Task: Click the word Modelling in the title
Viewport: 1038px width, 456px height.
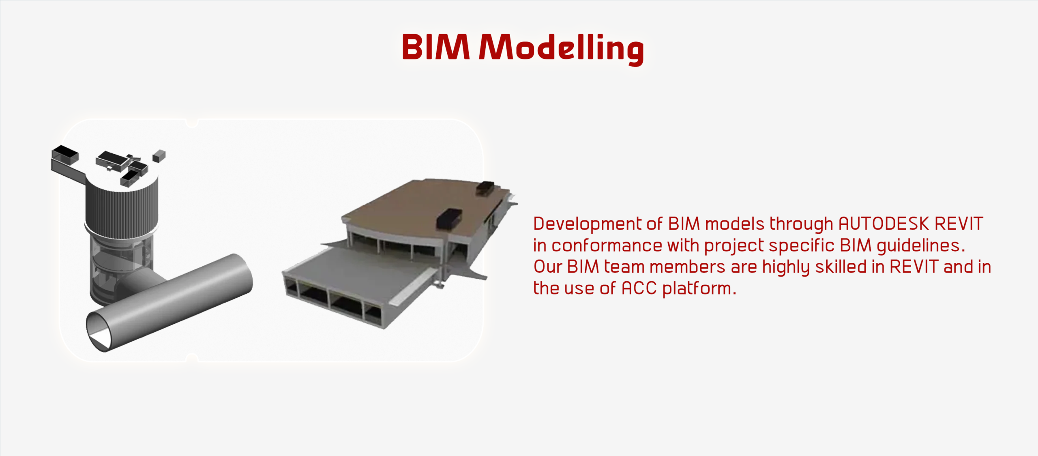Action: click(x=562, y=49)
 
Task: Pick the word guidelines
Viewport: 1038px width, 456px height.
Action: click(x=921, y=246)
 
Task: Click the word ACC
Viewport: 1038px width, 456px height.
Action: click(x=639, y=288)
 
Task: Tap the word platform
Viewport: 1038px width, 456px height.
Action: click(x=699, y=289)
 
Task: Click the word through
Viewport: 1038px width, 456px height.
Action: click(x=801, y=224)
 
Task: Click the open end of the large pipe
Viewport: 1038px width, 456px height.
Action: click(x=99, y=330)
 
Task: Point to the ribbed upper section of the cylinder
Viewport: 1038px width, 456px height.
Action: click(x=121, y=207)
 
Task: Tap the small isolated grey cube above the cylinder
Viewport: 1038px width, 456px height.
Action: click(x=159, y=156)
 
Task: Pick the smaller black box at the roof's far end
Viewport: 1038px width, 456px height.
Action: click(x=485, y=188)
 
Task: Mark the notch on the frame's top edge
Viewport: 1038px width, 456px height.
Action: click(x=192, y=123)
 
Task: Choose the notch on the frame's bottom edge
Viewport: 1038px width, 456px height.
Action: click(x=192, y=357)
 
